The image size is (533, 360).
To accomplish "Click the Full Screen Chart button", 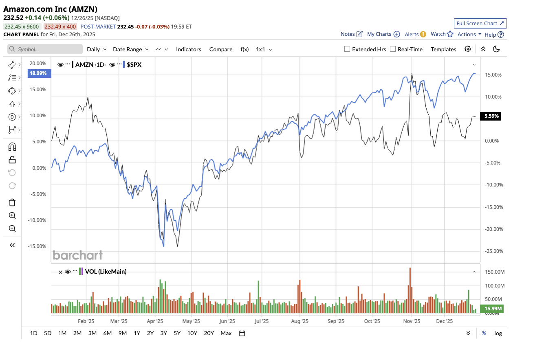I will pos(480,23).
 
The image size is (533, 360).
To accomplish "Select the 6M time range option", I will pos(107,333).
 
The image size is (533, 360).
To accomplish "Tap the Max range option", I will pos(226,333).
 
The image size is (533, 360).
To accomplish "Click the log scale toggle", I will pos(498,333).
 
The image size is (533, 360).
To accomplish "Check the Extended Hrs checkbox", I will pos(347,49).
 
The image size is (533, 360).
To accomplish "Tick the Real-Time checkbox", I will pos(393,49).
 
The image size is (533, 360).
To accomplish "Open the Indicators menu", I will pos(188,49).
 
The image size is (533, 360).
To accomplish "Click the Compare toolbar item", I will pos(220,49).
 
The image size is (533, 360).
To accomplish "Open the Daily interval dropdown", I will pos(97,49).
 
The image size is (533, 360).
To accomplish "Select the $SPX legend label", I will pos(134,64).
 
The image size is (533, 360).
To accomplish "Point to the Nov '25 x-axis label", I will pos(412,321).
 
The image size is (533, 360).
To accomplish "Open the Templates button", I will pos(443,49).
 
